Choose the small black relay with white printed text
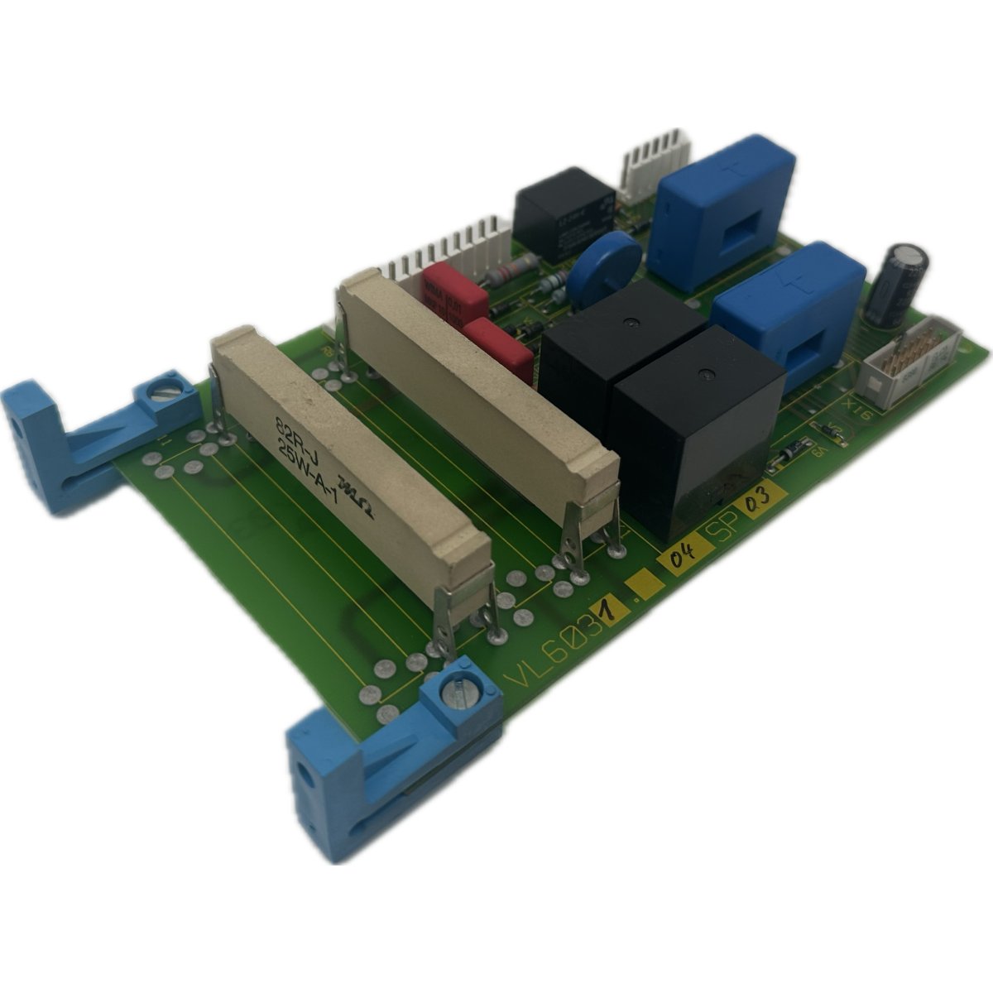coord(563,214)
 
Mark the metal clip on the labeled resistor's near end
coord(468,611)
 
